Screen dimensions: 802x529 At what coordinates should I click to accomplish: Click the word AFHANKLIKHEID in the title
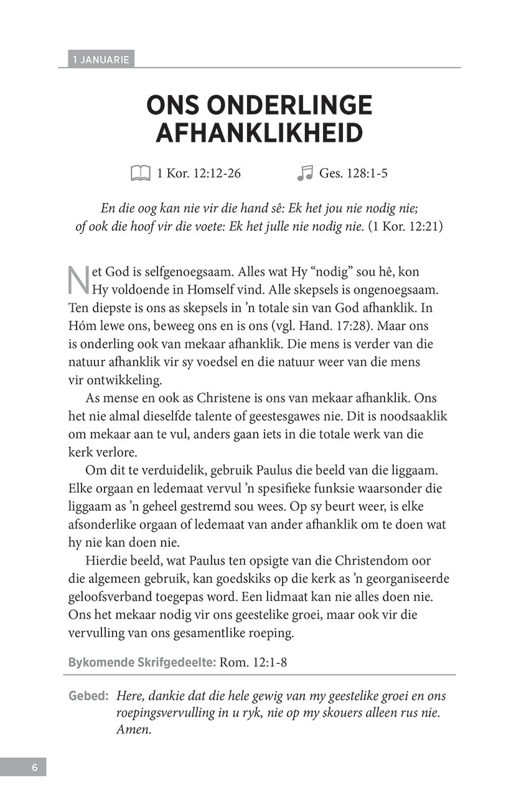tap(259, 133)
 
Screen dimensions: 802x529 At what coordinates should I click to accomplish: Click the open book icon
tap(141, 174)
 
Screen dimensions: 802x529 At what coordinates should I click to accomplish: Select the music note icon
tap(304, 174)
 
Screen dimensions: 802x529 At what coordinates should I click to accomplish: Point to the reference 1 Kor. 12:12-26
tap(199, 174)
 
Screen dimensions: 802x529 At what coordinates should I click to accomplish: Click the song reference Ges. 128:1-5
tap(353, 174)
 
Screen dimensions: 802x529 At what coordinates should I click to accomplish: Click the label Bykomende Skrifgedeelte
tap(142, 662)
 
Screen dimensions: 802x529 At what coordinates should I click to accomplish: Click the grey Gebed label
tap(89, 696)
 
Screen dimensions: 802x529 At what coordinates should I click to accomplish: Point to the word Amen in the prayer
tap(133, 730)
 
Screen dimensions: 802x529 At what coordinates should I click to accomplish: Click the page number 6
tap(35, 767)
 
